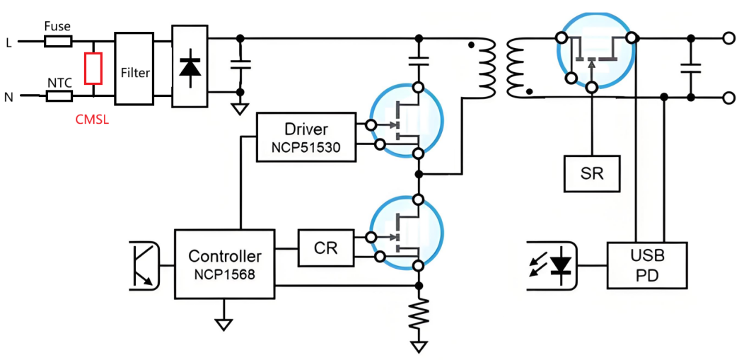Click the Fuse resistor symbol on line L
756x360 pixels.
[58, 42]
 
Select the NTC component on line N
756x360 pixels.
[59, 96]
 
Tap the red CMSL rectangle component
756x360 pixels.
[93, 69]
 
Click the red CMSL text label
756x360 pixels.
[92, 120]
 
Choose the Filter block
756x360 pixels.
[134, 69]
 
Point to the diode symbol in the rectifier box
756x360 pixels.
[190, 68]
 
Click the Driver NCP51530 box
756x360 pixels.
[306, 137]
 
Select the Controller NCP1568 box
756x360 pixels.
[225, 264]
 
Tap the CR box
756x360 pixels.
[325, 248]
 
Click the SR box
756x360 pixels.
[592, 173]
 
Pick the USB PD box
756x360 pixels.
[646, 265]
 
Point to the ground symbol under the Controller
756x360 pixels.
[223, 323]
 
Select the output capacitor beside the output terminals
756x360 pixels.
[691, 67]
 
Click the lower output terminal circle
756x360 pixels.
[729, 98]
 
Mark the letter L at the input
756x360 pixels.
[8, 43]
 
